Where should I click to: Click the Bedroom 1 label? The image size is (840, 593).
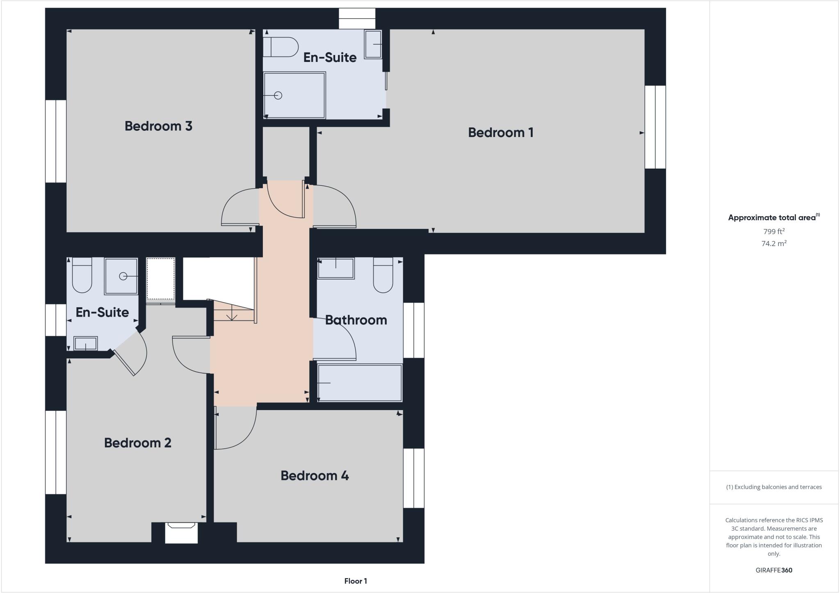(x=500, y=132)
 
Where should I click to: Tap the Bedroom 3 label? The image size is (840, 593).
(x=158, y=126)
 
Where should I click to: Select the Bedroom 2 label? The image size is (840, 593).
(x=137, y=443)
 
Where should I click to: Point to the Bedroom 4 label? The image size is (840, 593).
(x=315, y=476)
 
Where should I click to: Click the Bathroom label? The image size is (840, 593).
(x=356, y=320)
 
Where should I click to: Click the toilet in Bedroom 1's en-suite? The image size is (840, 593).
(x=281, y=47)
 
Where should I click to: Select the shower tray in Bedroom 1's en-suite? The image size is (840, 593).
(x=294, y=95)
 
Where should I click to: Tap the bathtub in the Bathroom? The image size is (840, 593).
(x=360, y=383)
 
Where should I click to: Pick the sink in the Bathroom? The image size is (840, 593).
(x=336, y=268)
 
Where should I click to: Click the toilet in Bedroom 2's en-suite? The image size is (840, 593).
(x=82, y=275)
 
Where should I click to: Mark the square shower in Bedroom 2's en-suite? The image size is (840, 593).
(x=121, y=276)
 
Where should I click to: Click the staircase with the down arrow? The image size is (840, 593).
(x=233, y=310)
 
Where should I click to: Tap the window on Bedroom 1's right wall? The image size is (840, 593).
(x=655, y=127)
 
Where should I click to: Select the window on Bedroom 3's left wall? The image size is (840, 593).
(x=56, y=141)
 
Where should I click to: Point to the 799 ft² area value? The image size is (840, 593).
(x=774, y=231)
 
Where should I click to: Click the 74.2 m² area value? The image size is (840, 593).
(x=774, y=244)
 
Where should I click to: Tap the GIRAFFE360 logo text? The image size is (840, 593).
(x=774, y=570)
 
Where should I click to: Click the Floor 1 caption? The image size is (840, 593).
(x=356, y=581)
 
